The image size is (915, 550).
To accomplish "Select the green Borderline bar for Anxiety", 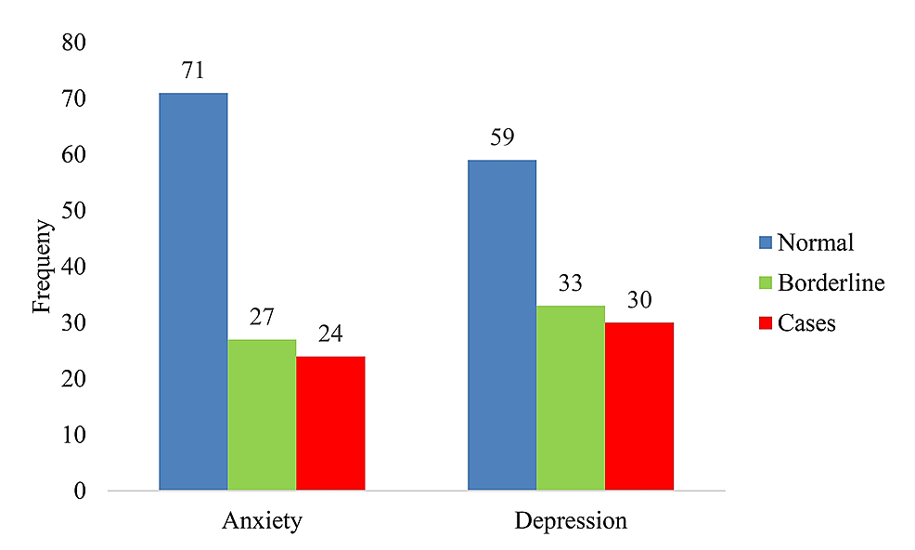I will pos(262,414).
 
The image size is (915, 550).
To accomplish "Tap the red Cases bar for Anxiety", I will pos(330,423).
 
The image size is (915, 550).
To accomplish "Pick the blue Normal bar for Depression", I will pos(501,324).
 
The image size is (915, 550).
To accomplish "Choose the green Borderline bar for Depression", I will pos(570,398).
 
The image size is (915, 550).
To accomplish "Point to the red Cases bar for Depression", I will pos(638,406).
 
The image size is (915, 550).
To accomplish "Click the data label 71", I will pos(193,72).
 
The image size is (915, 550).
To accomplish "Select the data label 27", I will pos(262,318).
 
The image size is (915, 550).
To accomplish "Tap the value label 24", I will pos(330,334).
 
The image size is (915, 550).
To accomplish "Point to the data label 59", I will pos(501,138).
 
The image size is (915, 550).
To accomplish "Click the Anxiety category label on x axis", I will pos(262,520).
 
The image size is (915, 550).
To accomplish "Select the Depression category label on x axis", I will pos(571,520).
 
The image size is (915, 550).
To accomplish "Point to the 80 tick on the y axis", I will pos(72,44).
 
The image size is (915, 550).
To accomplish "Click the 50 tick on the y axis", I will pos(72,211).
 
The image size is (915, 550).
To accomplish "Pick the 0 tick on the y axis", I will pos(79,491).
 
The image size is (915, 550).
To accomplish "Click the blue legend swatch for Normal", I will pos(765,243).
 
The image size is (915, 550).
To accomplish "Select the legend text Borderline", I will pos(831,282).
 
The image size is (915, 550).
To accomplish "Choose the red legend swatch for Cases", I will pos(765,322).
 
